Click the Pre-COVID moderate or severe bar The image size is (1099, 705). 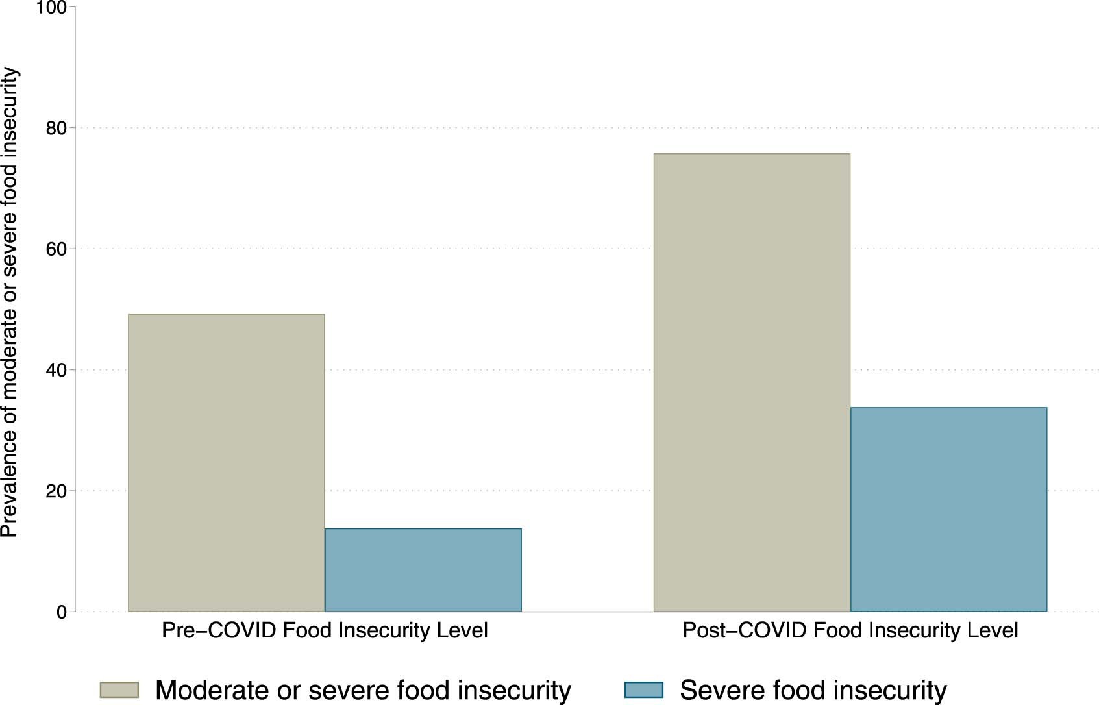click(226, 462)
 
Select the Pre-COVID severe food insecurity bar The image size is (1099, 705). click(423, 570)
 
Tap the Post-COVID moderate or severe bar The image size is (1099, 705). click(752, 382)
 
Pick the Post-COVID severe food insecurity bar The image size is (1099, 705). click(948, 509)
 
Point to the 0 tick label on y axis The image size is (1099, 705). click(62, 612)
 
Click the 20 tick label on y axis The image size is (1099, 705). click(56, 491)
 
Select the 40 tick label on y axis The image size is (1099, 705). click(56, 370)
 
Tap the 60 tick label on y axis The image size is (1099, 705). click(56, 249)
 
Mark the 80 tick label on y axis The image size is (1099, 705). click(56, 129)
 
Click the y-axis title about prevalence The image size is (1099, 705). click(10, 303)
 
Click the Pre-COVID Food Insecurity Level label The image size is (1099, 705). click(325, 630)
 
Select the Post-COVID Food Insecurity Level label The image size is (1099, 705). click(850, 630)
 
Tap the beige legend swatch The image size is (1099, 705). click(119, 689)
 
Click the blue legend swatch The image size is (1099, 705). click(644, 689)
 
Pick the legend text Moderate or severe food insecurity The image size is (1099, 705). click(363, 690)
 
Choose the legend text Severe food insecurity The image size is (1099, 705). click(813, 690)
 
